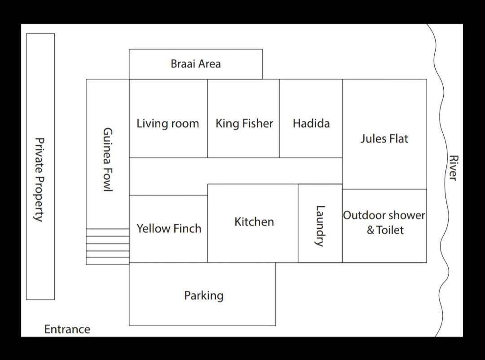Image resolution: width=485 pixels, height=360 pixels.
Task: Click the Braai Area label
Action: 196,64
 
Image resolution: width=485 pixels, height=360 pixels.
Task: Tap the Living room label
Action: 168,124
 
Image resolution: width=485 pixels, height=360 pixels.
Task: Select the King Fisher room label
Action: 244,124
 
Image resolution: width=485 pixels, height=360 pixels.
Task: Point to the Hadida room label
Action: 311,123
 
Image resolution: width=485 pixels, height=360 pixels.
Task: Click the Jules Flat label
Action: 384,138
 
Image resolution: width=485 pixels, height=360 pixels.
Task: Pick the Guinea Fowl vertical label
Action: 107,160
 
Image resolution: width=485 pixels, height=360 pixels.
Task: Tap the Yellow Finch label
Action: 169,228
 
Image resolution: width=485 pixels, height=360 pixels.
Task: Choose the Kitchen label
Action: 254,222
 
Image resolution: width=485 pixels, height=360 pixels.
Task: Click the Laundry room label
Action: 320,226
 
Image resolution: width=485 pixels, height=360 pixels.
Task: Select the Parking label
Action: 204,295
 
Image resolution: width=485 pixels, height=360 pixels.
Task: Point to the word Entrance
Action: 67,329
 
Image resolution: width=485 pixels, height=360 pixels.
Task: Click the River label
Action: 453,168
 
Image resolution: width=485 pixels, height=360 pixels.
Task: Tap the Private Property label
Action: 39,179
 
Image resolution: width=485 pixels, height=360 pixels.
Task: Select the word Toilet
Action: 390,230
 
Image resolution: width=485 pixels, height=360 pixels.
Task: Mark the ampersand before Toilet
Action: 370,230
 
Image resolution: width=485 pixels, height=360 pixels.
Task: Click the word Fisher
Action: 258,124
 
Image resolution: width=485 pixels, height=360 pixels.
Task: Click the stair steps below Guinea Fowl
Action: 107,247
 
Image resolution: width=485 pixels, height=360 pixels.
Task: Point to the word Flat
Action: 398,138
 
